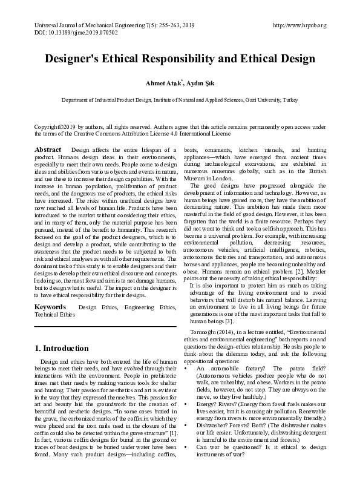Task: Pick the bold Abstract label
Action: pos(48,149)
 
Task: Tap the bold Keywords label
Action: pos(50,307)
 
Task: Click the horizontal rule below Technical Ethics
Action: pos(105,327)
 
